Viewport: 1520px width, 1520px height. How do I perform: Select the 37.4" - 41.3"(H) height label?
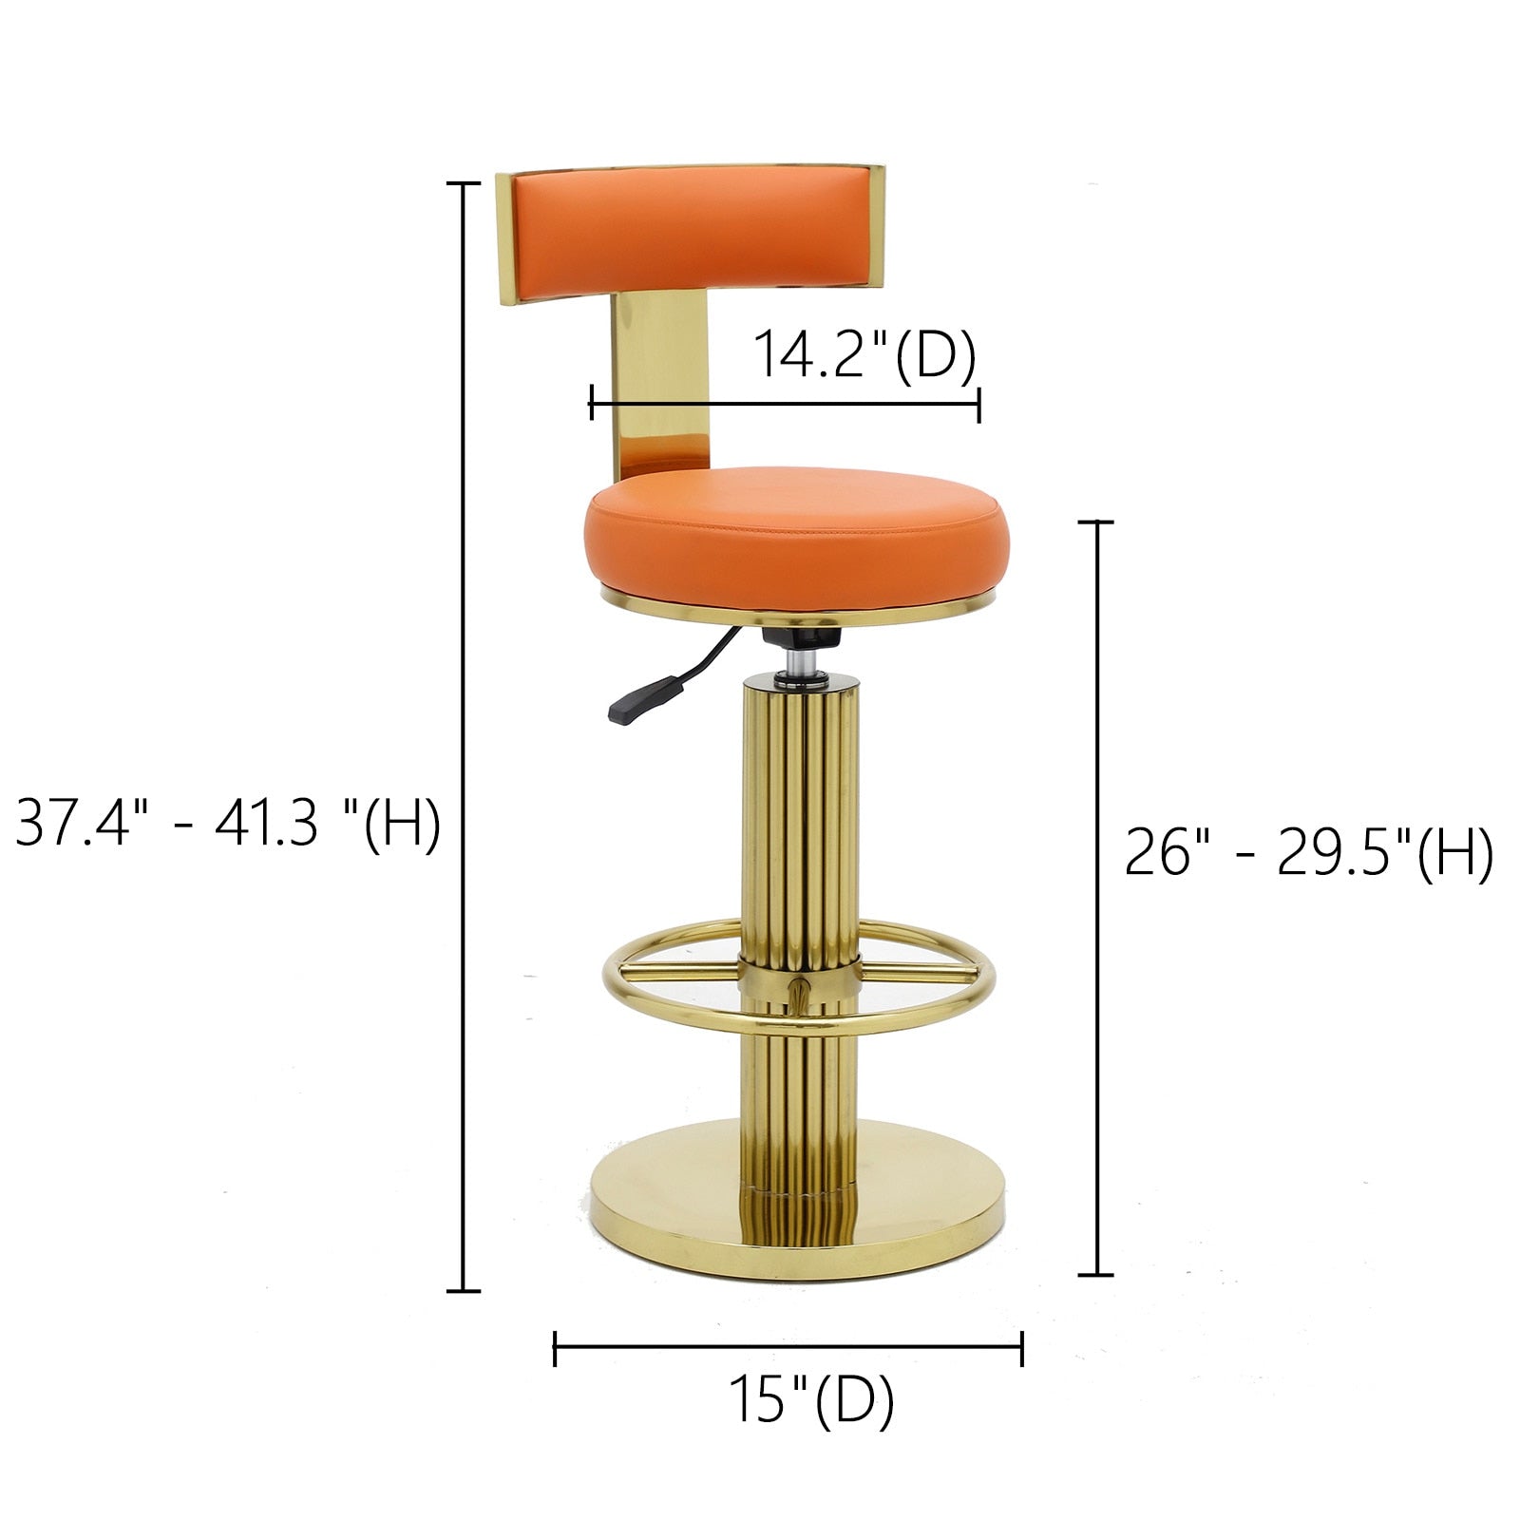click(228, 823)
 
